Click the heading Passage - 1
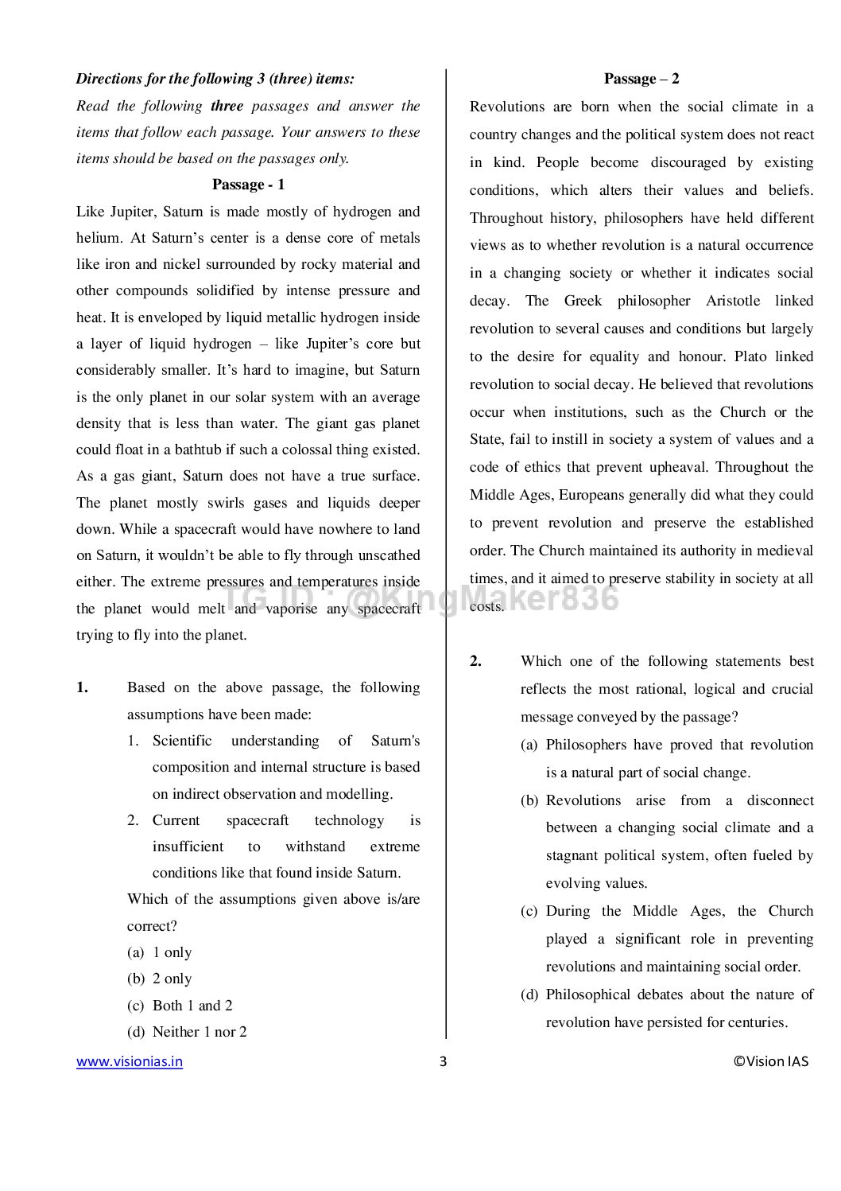click(x=248, y=185)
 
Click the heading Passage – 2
click(x=641, y=79)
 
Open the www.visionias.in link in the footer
click(x=130, y=1061)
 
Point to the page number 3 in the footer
click(x=444, y=1061)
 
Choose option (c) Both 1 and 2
click(x=180, y=1006)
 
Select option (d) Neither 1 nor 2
click(x=187, y=1032)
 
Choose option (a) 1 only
click(x=160, y=952)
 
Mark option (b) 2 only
click(x=160, y=979)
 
